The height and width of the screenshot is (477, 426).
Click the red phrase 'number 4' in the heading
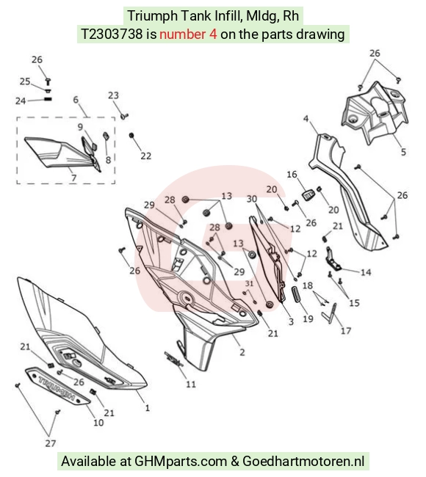pos(188,34)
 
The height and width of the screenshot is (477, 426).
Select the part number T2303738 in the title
pos(112,34)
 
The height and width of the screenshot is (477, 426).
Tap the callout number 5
pos(403,152)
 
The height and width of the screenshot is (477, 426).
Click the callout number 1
pos(148,407)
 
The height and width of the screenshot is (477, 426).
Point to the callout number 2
pos(242,352)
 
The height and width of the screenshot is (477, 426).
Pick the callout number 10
pos(98,423)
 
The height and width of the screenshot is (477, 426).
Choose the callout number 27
pos(51,443)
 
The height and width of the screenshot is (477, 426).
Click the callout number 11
pos(191,385)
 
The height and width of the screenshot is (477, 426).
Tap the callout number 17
pos(346,330)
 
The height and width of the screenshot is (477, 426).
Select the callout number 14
pos(366,272)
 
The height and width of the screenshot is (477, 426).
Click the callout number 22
pos(146,156)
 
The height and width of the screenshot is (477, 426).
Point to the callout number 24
pos(21,101)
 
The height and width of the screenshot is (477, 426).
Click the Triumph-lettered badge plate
pos(57,386)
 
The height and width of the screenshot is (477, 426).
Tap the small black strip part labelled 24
pos(48,99)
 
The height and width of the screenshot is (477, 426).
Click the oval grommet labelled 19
pos(296,294)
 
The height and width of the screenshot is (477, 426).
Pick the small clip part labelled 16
pos(308,194)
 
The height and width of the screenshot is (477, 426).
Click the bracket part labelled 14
pos(333,260)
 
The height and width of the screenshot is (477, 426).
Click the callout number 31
pos(250,283)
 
